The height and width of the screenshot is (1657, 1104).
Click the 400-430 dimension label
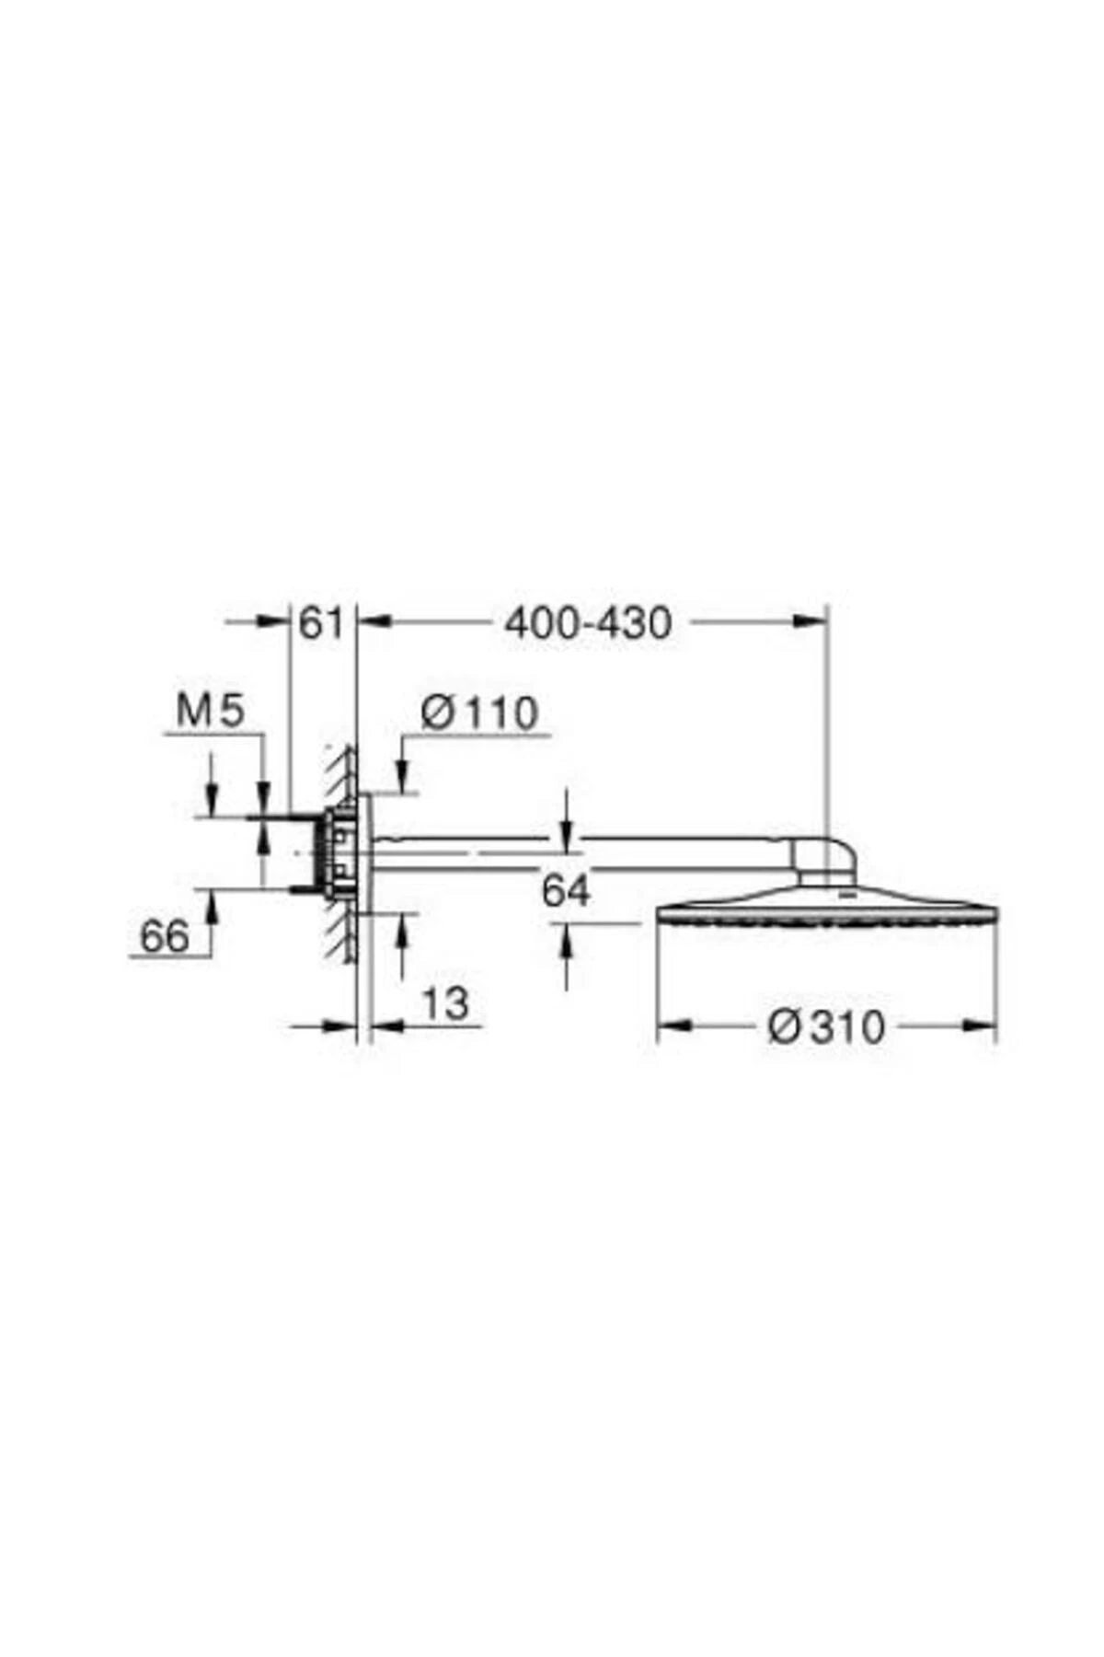click(x=588, y=624)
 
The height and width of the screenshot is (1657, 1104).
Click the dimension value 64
click(x=565, y=890)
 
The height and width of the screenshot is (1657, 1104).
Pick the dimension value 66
click(x=164, y=937)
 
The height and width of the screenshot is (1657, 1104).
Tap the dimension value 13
click(x=446, y=1002)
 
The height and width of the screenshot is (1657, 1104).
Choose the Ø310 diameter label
click(x=825, y=1026)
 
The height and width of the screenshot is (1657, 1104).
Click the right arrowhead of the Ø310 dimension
click(x=981, y=1024)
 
